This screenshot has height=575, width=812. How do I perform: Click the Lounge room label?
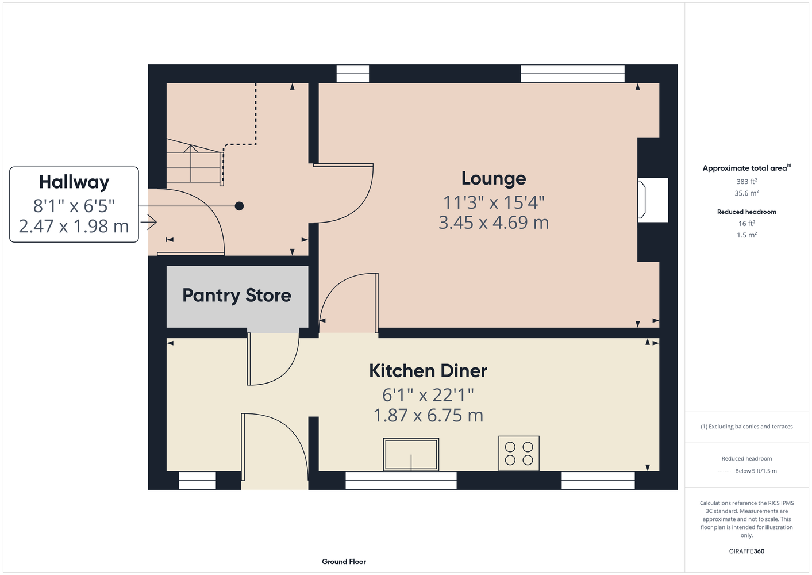(494, 179)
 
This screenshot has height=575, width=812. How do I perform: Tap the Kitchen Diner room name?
(428, 371)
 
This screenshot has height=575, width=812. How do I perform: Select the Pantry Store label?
(237, 296)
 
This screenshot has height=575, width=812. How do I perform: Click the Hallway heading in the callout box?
(74, 182)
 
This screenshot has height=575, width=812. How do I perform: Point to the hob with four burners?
(519, 454)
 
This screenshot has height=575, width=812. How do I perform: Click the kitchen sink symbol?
(411, 455)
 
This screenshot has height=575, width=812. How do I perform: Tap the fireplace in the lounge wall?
(653, 200)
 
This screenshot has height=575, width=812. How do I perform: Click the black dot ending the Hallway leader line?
(239, 206)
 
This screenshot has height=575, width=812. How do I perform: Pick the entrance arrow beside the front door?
(149, 222)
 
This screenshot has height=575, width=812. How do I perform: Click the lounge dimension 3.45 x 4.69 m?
(494, 223)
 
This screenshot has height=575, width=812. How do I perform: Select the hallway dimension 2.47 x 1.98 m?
(74, 227)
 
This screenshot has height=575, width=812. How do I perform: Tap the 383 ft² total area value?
(746, 181)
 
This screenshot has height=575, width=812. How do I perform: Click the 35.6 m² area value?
(746, 193)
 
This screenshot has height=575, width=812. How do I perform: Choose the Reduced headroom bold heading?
(746, 212)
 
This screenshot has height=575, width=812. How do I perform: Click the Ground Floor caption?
(344, 562)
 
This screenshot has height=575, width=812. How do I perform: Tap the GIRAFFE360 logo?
(746, 551)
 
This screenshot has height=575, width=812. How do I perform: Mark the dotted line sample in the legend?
(724, 471)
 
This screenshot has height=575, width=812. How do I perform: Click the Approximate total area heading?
(746, 168)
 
